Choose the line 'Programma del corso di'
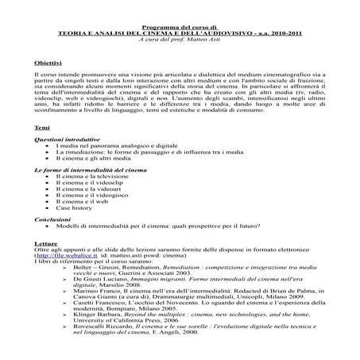click(180, 6)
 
